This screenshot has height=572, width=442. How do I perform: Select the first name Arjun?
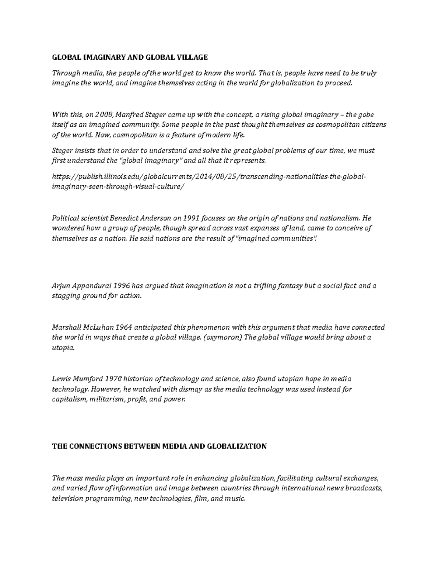click(61, 286)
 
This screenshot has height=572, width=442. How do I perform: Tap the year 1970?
click(113, 379)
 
